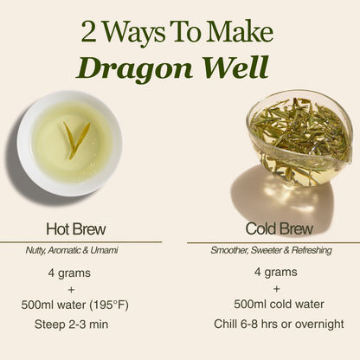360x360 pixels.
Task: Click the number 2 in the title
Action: (x=90, y=33)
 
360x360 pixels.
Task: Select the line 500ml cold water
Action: (x=278, y=305)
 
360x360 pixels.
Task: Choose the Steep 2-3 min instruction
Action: (x=75, y=325)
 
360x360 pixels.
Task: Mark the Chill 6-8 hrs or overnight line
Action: (x=278, y=325)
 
